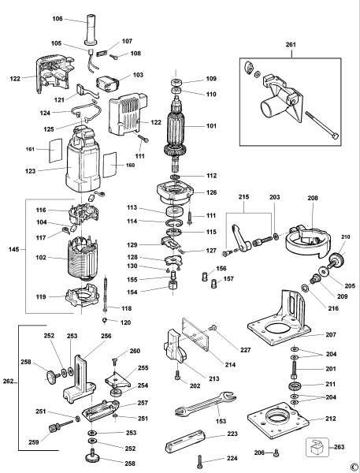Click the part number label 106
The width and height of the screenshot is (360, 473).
pos(58,19)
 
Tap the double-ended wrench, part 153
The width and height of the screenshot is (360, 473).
pos(206,404)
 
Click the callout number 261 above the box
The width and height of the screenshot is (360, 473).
pos(291,45)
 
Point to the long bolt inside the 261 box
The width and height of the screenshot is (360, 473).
pos(321,125)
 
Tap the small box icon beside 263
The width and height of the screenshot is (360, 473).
pos(317,447)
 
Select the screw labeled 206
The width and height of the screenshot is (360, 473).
pos(276,453)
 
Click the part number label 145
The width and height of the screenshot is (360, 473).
pos(13,249)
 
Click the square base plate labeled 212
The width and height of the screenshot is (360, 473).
pos(278,420)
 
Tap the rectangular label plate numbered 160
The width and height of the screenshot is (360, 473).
pos(109,165)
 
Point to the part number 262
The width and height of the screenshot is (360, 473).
pos(9,381)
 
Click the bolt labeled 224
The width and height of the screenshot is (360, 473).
pos(200,461)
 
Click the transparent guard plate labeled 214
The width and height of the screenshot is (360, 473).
pos(195,334)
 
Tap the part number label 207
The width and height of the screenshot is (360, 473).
pos(331,334)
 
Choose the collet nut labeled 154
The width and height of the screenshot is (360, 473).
pos(173,285)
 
